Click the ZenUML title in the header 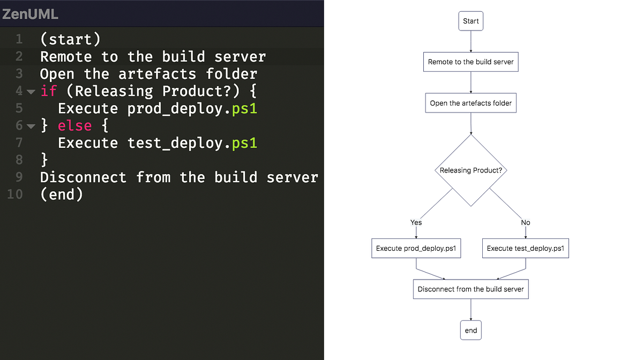30,14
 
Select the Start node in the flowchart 470,21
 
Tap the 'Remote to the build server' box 470,62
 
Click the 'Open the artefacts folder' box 470,103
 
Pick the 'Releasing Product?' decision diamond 470,170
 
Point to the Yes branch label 416,222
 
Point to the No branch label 525,222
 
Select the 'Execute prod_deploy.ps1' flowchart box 416,248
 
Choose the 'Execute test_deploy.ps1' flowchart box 525,248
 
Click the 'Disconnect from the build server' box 470,289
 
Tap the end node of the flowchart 470,330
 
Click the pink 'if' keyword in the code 48,91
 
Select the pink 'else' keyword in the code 74,126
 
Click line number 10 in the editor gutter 15,194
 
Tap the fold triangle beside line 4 31,92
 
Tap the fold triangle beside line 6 31,126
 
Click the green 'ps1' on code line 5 244,109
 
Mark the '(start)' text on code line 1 70,40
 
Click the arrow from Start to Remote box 470,41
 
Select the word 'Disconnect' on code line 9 83,177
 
